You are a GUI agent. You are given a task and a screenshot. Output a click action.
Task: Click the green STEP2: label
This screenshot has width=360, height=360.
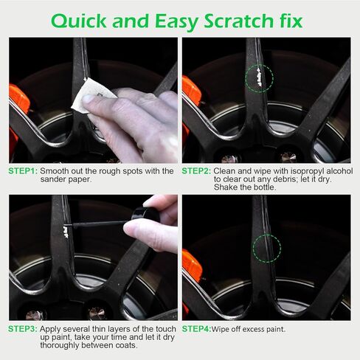click(197, 171)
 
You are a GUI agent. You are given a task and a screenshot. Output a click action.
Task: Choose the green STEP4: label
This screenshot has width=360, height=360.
click(196, 328)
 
